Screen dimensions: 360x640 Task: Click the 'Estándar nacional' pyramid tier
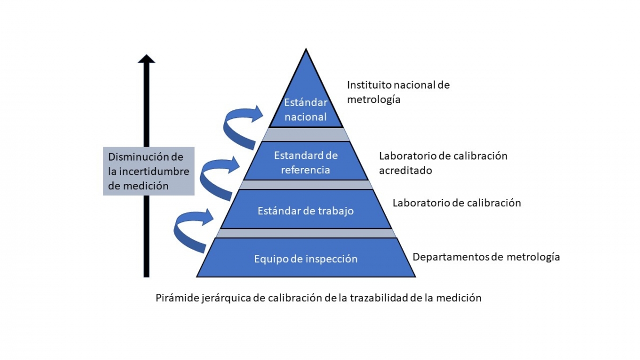click(306, 109)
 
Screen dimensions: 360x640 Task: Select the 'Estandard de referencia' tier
click(306, 163)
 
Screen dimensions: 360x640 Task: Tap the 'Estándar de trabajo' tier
click(306, 211)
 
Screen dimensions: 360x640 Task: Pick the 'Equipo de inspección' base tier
click(306, 259)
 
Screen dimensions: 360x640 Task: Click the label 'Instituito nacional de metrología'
click(398, 92)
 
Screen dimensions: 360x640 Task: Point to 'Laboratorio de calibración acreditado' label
click(443, 163)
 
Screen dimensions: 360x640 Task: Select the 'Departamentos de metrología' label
click(486, 257)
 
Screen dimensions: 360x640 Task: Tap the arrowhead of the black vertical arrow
click(146, 59)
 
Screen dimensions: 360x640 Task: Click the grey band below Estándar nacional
click(306, 134)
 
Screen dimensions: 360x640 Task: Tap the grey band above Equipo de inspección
click(306, 233)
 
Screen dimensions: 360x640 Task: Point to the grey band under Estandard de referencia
click(306, 185)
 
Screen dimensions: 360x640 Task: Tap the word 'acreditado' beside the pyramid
click(405, 171)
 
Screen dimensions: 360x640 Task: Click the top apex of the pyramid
click(306, 51)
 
